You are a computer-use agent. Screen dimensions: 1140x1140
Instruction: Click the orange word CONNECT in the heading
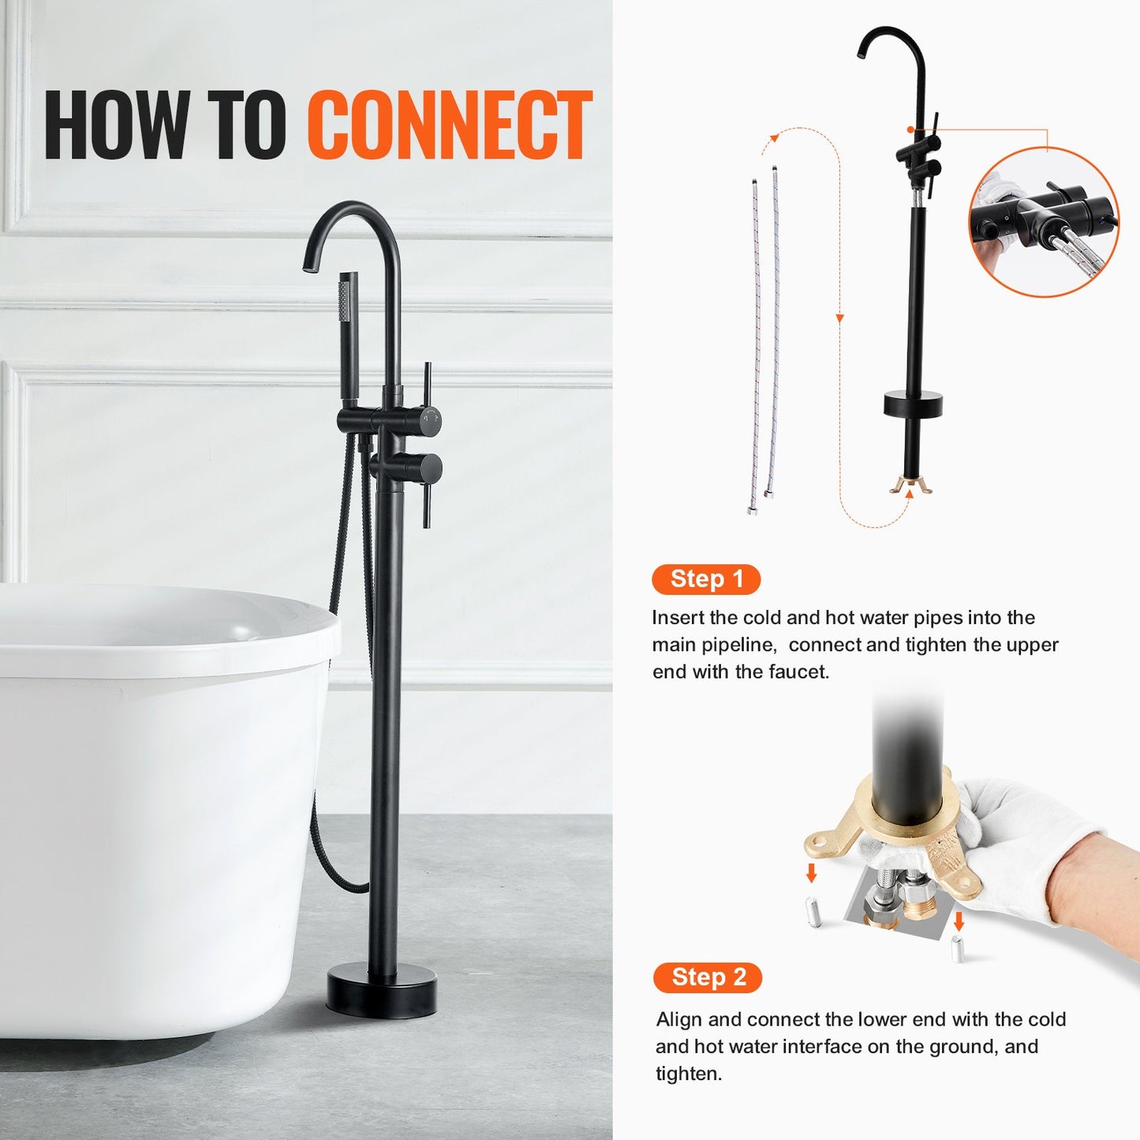click(x=449, y=125)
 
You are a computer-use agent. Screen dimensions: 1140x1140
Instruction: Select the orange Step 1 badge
click(x=706, y=579)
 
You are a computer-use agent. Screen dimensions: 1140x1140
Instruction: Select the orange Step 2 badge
click(x=708, y=977)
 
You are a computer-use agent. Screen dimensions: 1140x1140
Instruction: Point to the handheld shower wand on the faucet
click(x=348, y=331)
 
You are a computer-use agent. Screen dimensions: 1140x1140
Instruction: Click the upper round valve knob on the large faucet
click(x=428, y=420)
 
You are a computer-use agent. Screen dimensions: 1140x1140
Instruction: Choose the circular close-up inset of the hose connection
click(x=1043, y=222)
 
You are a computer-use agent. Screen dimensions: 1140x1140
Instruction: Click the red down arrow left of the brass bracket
click(x=811, y=873)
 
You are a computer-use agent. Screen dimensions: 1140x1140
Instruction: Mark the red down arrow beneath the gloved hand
click(x=959, y=921)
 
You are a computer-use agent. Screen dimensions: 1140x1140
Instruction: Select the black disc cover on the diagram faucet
click(x=913, y=404)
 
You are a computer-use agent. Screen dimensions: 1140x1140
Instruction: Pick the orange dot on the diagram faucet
click(x=910, y=129)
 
